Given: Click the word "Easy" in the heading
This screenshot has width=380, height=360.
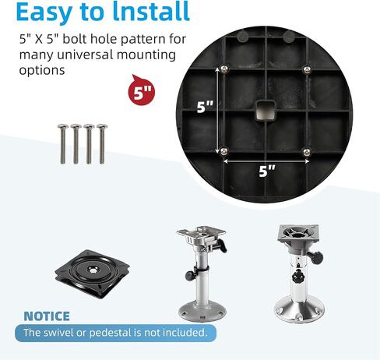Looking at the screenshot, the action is (x=44, y=12).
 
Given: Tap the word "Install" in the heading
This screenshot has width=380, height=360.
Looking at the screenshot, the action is (x=151, y=11).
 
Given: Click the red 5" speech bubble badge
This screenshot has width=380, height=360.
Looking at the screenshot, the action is (x=142, y=90).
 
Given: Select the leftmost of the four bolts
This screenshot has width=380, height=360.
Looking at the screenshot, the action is (x=63, y=144).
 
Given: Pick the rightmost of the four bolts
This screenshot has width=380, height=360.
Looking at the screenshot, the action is (x=102, y=144).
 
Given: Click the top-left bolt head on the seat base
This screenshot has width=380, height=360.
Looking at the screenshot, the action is (x=223, y=69).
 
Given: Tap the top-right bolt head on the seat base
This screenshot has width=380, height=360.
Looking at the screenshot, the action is (x=307, y=69).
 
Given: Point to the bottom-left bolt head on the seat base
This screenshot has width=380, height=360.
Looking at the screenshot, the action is (x=223, y=151).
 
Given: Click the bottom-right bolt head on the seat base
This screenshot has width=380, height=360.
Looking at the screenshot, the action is (x=307, y=152).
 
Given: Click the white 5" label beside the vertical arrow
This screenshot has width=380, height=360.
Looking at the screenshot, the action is (x=205, y=107).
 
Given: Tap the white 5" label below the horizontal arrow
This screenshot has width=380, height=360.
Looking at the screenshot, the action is (x=267, y=171).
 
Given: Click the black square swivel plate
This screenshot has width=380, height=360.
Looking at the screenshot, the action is (x=93, y=274).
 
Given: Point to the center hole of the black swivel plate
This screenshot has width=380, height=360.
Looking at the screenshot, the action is (x=93, y=270).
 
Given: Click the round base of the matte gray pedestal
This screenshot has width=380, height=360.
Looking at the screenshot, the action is (x=202, y=312).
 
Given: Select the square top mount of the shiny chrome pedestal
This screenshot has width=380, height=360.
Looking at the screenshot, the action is (x=297, y=235).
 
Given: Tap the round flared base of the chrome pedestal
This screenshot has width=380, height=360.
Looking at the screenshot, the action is (x=299, y=311).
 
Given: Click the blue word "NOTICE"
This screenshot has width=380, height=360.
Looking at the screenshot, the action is (x=47, y=316).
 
